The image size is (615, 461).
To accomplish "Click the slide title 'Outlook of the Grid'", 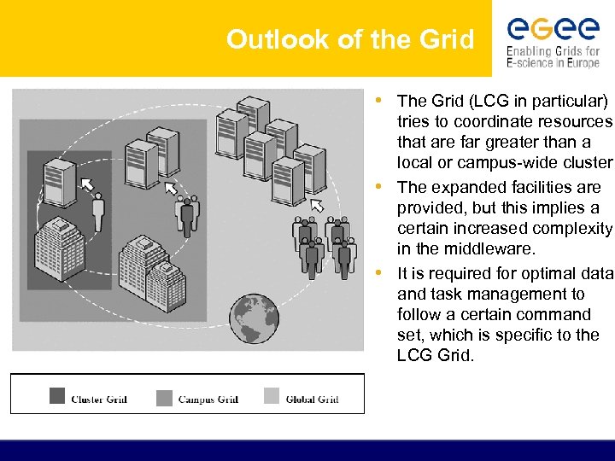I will [x=349, y=39].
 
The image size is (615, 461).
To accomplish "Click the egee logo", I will [x=553, y=29].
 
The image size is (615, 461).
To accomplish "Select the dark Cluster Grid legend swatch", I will [x=57, y=396].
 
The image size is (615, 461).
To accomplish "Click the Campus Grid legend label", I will [x=208, y=399].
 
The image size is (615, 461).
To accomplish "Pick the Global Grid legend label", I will [x=312, y=399].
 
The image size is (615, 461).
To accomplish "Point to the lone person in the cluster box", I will [x=97, y=211].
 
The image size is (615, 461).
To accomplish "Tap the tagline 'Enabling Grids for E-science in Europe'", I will [x=553, y=58].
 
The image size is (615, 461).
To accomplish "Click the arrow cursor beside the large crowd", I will [x=318, y=205].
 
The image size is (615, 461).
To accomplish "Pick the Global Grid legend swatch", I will [x=272, y=396].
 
